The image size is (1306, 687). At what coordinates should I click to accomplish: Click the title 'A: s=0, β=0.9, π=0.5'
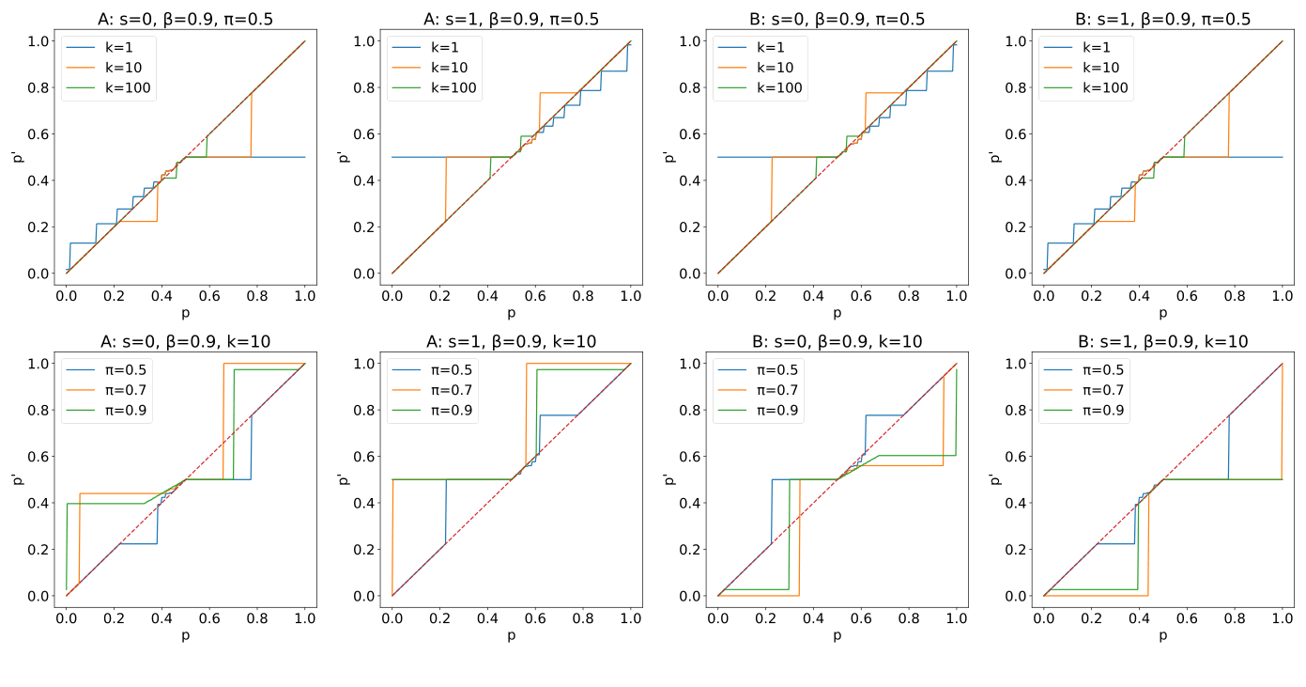[185, 19]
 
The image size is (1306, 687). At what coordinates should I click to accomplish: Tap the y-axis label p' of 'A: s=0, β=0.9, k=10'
[15, 479]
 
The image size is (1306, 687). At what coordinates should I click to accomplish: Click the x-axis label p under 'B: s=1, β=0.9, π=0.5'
[1162, 312]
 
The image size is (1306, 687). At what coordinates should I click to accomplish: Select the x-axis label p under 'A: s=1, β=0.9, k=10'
[511, 635]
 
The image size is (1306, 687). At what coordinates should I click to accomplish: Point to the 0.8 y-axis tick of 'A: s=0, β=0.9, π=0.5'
[38, 87]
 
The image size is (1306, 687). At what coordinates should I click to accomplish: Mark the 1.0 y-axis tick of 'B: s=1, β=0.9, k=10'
[1015, 364]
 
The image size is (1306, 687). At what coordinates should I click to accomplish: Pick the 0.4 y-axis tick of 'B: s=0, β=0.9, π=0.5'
[689, 180]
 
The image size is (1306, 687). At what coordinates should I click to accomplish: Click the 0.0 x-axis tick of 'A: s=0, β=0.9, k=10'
[67, 618]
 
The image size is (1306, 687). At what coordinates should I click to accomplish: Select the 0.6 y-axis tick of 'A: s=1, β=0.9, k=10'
[363, 457]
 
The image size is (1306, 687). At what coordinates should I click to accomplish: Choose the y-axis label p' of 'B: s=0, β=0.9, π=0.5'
[667, 157]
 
